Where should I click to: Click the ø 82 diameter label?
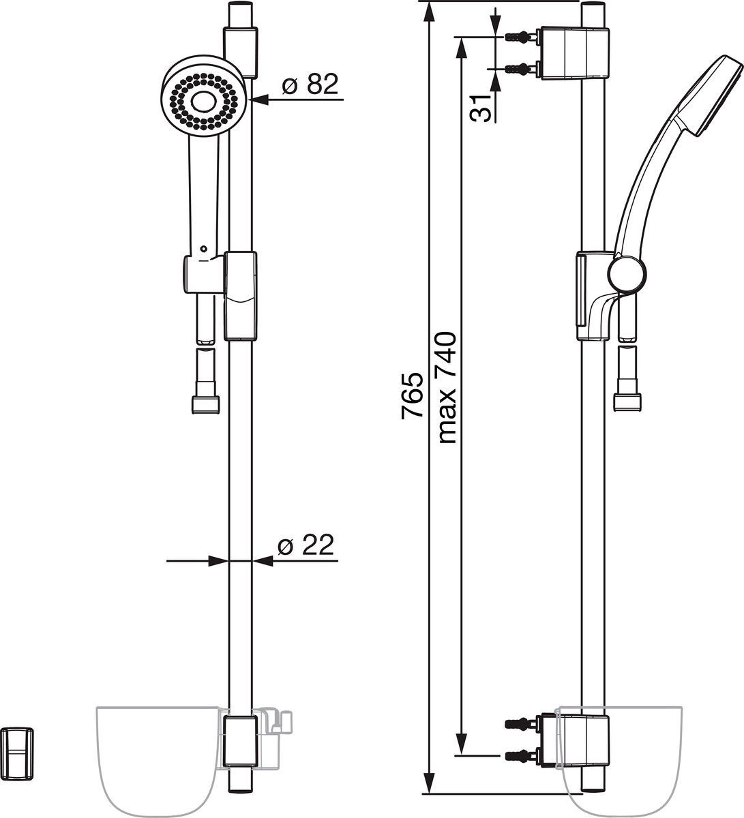(310, 84)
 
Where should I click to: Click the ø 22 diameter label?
(306, 545)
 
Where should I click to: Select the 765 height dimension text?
(412, 395)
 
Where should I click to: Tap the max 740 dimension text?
(447, 388)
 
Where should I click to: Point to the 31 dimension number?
(480, 108)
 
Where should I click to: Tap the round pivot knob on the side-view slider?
(627, 274)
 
